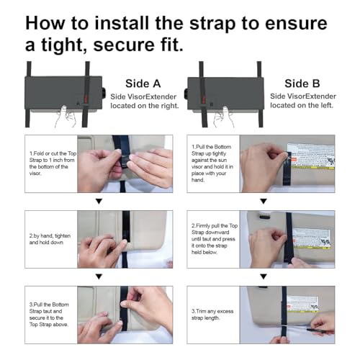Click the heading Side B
click(302, 84)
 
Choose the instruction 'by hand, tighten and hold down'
click(49, 240)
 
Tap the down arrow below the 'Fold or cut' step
click(99, 202)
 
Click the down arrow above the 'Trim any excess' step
click(263, 276)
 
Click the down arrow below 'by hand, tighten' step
click(99, 276)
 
